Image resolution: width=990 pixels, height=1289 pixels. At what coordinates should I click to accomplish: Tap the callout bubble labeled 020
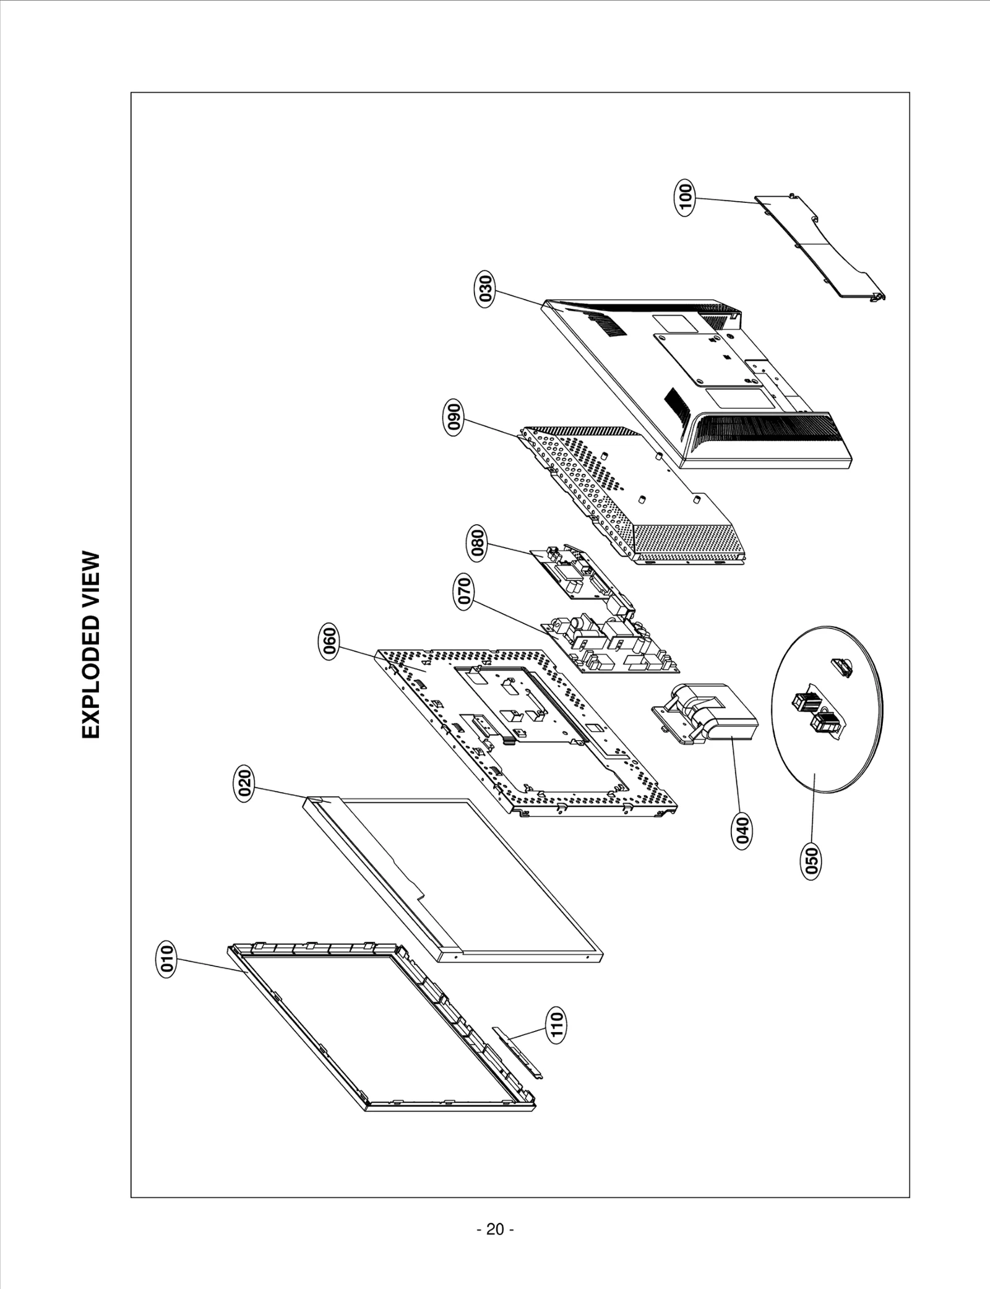tap(245, 785)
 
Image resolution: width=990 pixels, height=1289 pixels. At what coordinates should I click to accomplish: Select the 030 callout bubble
tap(486, 288)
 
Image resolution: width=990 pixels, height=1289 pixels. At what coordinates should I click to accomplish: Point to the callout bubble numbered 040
tap(742, 831)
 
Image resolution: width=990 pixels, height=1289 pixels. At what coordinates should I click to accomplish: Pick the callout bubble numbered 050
tap(811, 861)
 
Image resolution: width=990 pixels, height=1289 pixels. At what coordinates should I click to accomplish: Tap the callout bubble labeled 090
tap(455, 418)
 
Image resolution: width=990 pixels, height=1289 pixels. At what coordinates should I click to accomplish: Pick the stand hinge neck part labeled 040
tap(705, 712)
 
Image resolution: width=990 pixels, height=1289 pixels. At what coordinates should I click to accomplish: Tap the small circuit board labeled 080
tap(579, 576)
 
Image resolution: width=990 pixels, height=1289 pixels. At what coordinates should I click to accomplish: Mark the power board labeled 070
tap(613, 644)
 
